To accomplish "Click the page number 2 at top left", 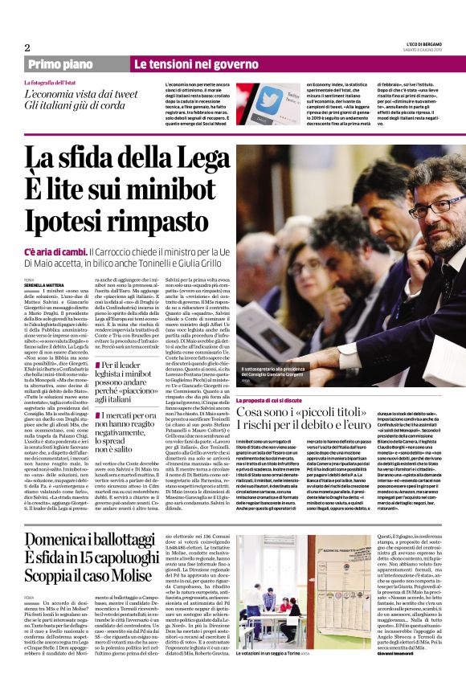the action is click(27, 47).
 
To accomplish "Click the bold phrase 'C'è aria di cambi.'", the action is click(53, 253).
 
